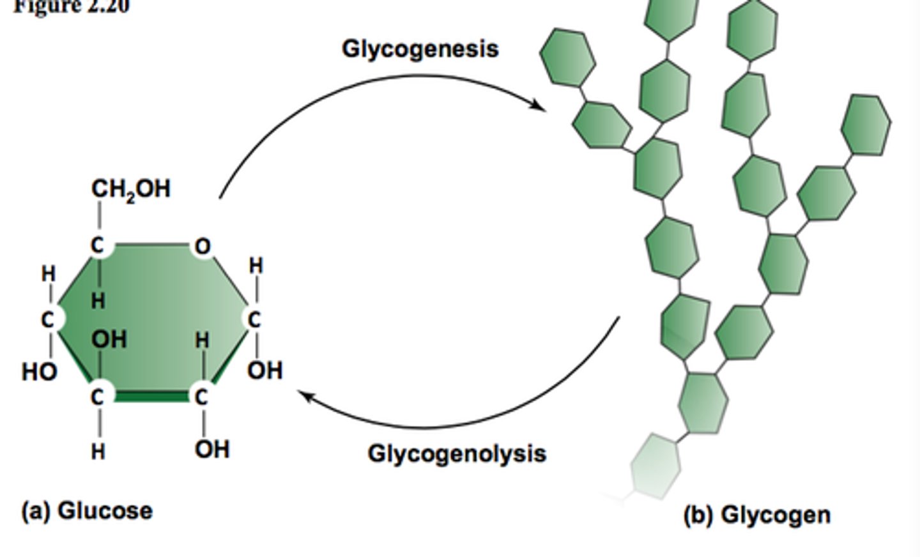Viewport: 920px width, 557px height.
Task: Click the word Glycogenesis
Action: (420, 49)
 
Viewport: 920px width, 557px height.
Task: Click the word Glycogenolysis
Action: (456, 454)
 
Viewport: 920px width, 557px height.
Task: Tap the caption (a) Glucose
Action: (87, 511)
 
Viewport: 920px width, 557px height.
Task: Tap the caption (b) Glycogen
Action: (756, 514)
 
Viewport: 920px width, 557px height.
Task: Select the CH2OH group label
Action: (131, 189)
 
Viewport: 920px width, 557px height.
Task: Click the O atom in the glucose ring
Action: (202, 246)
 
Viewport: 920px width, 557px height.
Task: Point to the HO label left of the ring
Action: (39, 371)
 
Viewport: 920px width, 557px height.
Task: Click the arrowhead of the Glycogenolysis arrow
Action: (306, 396)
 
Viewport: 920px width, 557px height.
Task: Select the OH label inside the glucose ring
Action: (109, 339)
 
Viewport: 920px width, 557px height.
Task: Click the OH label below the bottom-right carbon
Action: (212, 449)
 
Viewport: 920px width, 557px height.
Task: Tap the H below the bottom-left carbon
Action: (97, 452)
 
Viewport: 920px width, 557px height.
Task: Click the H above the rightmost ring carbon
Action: (256, 264)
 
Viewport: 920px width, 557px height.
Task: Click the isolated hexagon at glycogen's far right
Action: (865, 125)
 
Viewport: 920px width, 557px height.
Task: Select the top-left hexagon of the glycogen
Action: (567, 57)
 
